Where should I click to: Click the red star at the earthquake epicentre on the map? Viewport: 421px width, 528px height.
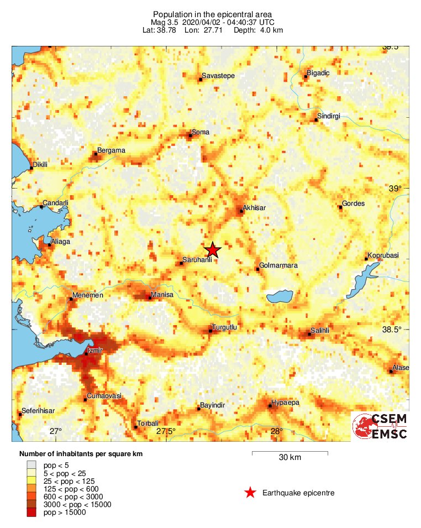213,250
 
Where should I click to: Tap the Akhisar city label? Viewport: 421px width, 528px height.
254,208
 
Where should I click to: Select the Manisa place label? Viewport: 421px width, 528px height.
162,295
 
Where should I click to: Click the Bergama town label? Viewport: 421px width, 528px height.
111,150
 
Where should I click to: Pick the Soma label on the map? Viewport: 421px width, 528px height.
199,132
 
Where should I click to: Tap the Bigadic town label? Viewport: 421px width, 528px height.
318,72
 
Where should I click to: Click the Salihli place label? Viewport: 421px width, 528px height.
320,330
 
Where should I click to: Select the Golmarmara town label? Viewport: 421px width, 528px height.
278,265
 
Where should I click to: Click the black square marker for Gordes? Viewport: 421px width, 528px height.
340,207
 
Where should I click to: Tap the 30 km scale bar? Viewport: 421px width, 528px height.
290,453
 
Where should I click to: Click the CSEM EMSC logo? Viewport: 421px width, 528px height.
381,426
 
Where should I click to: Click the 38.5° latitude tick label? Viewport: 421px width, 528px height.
391,330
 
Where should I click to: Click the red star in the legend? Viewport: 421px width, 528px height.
250,493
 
